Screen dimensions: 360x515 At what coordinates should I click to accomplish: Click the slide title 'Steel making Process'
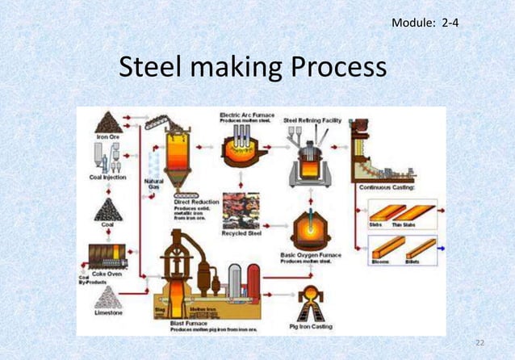click(x=253, y=71)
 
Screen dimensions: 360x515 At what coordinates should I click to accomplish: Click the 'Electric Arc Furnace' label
click(x=248, y=115)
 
